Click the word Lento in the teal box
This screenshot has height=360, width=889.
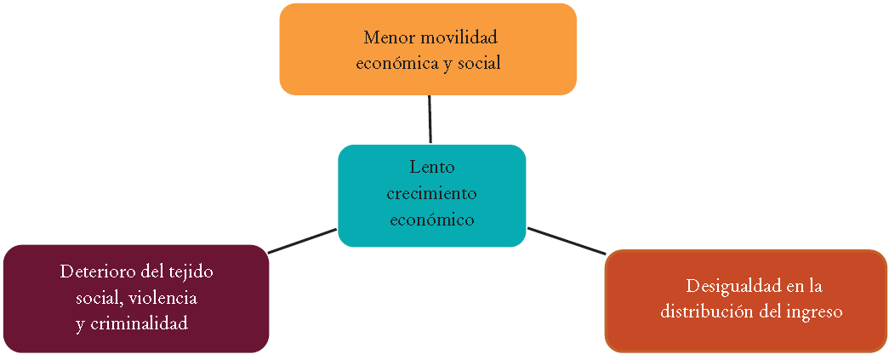pos(431,167)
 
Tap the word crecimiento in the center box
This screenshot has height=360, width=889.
pos(431,193)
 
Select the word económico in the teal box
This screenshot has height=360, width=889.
pos(431,220)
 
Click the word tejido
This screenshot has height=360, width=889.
pos(191,272)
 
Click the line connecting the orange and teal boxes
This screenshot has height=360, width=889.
pos(430,119)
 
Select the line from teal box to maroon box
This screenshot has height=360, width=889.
pos(302,240)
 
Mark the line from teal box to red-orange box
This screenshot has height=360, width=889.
pos(567,240)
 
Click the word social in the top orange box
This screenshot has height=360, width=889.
pos(479,63)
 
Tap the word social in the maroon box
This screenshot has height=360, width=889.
pos(98,299)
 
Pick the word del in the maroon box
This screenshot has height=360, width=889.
pos(151,272)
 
